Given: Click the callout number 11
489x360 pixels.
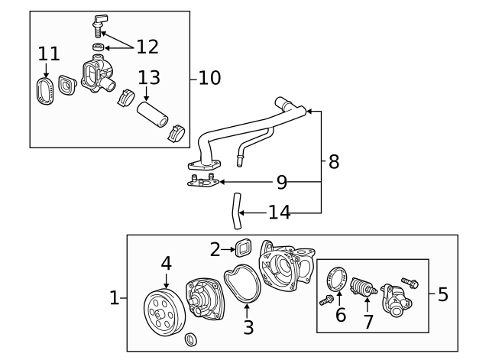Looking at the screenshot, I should click(49, 54).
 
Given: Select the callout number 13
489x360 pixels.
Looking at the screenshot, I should click(150, 78).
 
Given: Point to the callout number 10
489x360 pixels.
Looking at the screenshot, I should click(209, 78).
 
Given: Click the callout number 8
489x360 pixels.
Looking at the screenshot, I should click(333, 161).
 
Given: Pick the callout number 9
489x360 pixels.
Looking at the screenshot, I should click(281, 183).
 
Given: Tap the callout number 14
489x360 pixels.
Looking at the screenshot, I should click(280, 212).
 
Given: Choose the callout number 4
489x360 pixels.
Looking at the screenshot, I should click(166, 263).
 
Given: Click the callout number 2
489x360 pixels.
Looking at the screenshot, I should click(215, 248).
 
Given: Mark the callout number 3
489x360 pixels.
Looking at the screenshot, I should click(247, 329).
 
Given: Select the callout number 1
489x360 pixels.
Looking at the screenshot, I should click(115, 298).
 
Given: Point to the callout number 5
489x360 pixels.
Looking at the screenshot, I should click(443, 295).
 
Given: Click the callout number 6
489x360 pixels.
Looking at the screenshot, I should click(341, 314).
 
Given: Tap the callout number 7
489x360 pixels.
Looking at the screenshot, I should click(368, 321).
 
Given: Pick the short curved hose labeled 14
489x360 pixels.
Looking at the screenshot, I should click(235, 211).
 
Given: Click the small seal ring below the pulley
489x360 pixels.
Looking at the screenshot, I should click(191, 339).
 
